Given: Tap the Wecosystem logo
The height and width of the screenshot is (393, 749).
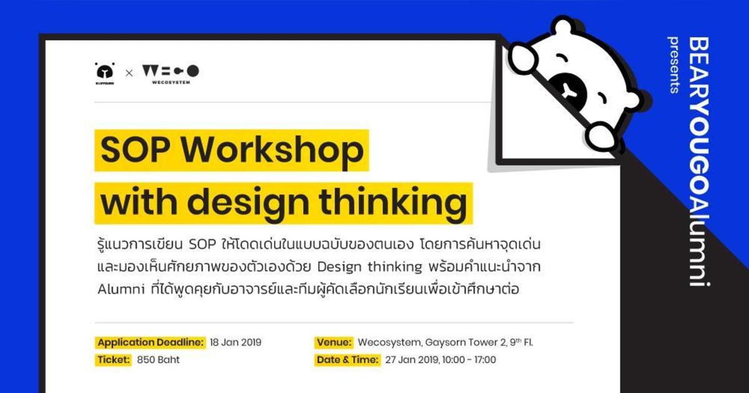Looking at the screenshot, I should tap(170, 73).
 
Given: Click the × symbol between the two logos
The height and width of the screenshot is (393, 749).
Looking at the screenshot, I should tap(129, 73).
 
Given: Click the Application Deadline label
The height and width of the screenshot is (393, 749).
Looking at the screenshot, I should tap(150, 342).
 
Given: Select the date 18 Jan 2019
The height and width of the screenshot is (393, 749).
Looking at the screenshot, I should tap(236, 342).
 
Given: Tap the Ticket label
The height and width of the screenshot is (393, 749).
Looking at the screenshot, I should tap(114, 360).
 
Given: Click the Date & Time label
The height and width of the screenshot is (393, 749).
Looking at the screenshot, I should tap(347, 360).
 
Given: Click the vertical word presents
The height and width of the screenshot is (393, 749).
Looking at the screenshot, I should tap(674, 65).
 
